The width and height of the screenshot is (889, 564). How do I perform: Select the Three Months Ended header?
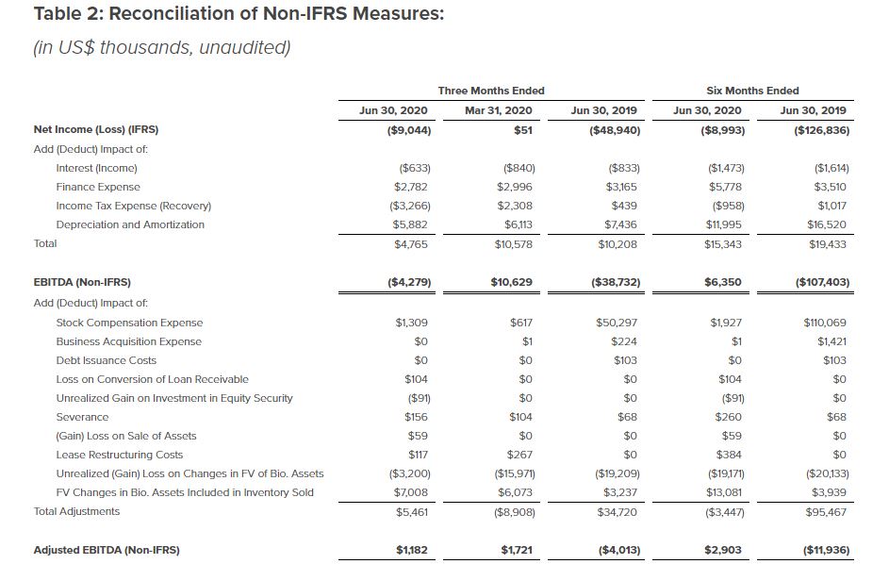[490, 91]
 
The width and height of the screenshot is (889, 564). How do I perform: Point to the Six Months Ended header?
[751, 91]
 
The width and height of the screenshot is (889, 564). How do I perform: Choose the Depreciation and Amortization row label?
[130, 224]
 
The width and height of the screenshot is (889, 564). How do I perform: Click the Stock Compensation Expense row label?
[129, 323]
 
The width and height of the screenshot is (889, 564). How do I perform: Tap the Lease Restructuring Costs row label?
[120, 455]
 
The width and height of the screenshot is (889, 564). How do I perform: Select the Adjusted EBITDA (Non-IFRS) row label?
[107, 549]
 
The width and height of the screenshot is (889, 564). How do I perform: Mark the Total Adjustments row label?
[76, 511]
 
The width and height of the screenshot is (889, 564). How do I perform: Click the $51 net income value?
[521, 130]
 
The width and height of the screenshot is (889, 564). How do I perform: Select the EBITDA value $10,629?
[512, 281]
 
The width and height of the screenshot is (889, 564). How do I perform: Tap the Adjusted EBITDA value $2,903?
[724, 549]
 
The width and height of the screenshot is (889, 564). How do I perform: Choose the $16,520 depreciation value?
[827, 224]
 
